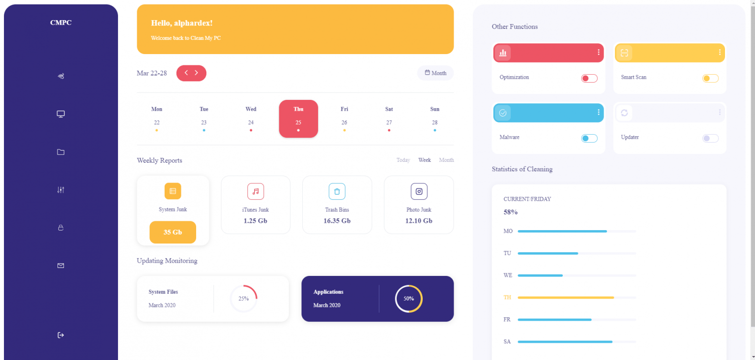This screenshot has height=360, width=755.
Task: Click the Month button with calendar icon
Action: coord(436,73)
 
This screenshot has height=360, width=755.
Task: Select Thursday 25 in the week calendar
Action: coord(298,119)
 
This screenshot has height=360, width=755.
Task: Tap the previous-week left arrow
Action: coord(186,73)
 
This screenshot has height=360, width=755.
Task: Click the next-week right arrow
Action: coord(197,73)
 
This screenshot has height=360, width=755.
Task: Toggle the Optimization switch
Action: coord(589,78)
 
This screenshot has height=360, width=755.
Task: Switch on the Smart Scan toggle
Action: coord(710,78)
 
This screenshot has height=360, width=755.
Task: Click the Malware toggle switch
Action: coord(589,138)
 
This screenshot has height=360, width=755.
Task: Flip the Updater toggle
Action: coord(710,138)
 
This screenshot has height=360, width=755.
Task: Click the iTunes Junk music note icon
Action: coord(256,191)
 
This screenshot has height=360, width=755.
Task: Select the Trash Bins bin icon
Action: coord(337,191)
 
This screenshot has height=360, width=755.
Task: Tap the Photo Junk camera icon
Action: coord(419,191)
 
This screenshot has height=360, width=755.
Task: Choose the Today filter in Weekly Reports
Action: coord(403,160)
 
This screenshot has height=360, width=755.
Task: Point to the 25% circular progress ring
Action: coord(244,299)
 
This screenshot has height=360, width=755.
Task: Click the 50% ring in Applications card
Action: coord(408,299)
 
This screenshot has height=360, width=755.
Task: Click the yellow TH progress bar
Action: coord(566,298)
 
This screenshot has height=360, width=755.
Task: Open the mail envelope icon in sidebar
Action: coord(61,266)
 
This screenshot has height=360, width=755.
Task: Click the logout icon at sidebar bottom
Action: coord(61,335)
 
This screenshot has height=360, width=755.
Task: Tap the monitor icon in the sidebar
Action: coord(61,114)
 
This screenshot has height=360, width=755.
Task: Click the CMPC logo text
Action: coord(61,23)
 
